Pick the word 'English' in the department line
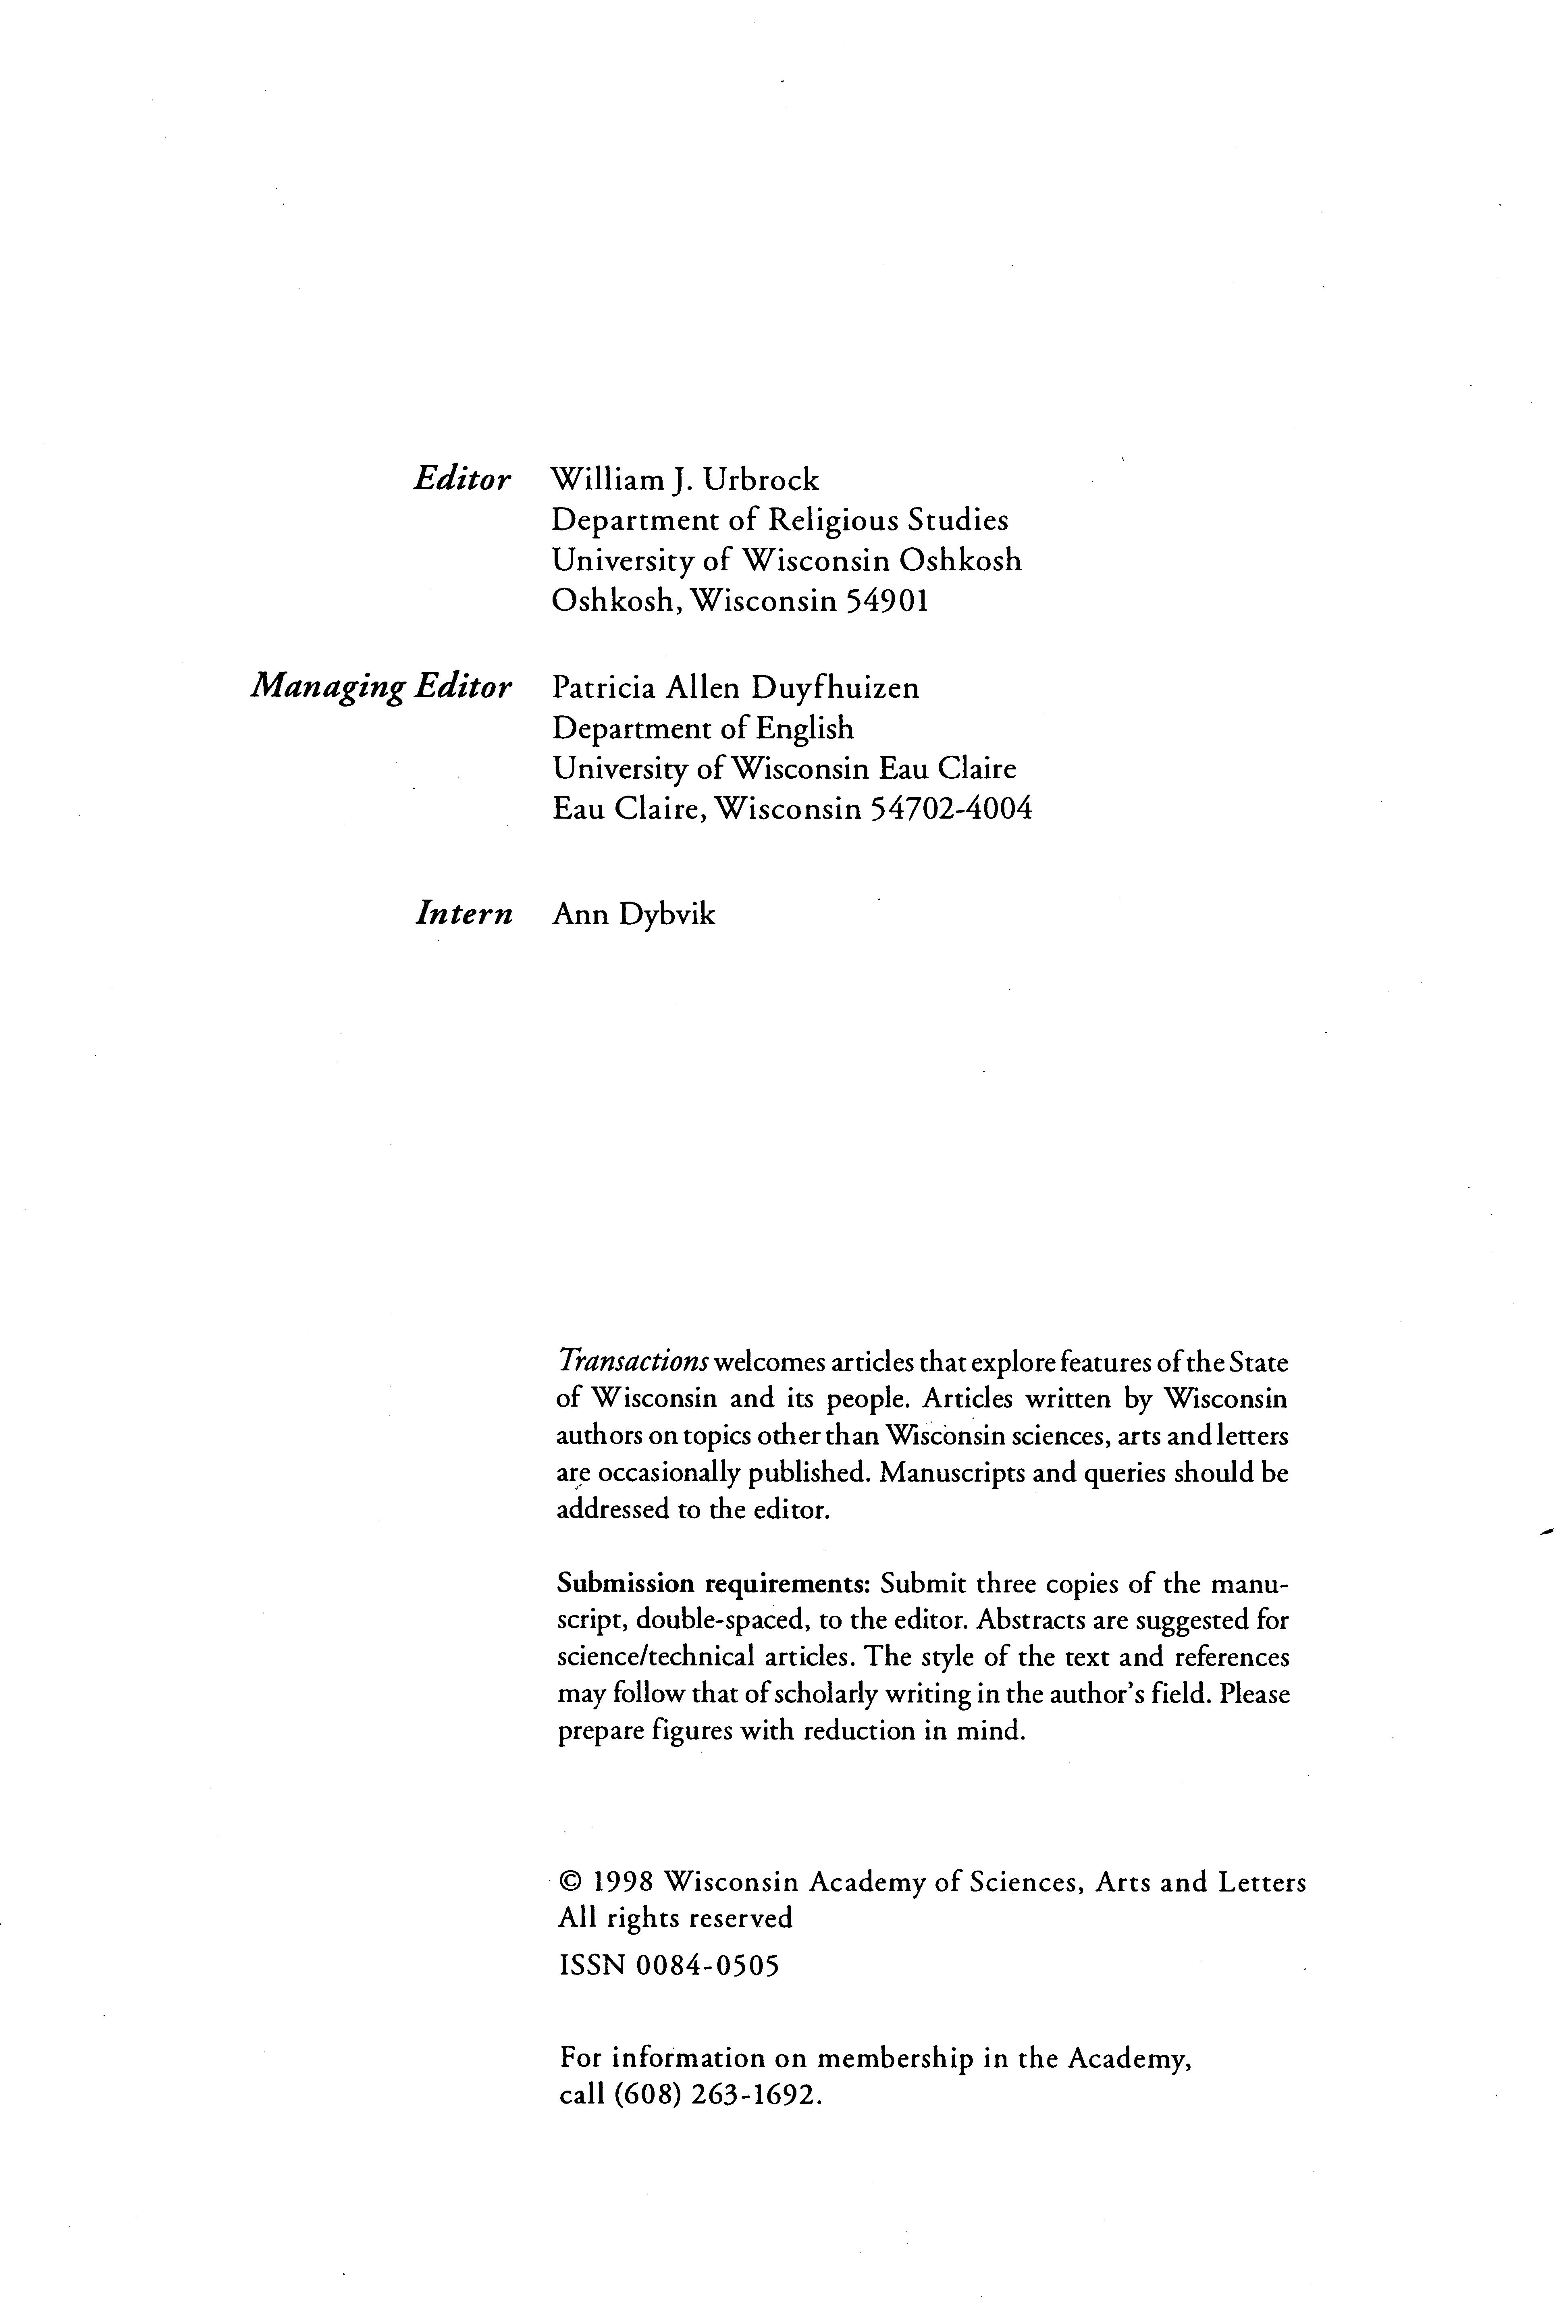click(x=804, y=728)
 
